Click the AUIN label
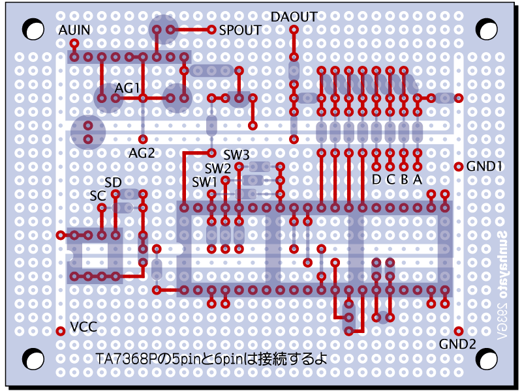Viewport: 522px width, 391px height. [74, 31]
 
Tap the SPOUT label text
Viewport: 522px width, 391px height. [240, 30]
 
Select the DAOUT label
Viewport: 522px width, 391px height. [294, 17]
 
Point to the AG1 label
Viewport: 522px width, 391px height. [128, 87]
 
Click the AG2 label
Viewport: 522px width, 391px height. [142, 153]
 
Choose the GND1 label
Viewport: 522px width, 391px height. [484, 166]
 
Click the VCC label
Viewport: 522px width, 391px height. [84, 326]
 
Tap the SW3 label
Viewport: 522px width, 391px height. [236, 155]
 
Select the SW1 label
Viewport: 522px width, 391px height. [204, 181]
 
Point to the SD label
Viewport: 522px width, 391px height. [113, 182]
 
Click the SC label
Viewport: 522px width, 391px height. [98, 195]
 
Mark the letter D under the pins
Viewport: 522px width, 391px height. [376, 179]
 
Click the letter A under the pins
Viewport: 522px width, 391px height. [418, 179]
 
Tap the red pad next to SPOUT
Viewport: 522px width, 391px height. [211, 29]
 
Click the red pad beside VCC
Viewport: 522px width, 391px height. [61, 331]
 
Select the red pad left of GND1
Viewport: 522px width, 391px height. [459, 166]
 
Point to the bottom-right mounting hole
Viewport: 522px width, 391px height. [485, 359]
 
